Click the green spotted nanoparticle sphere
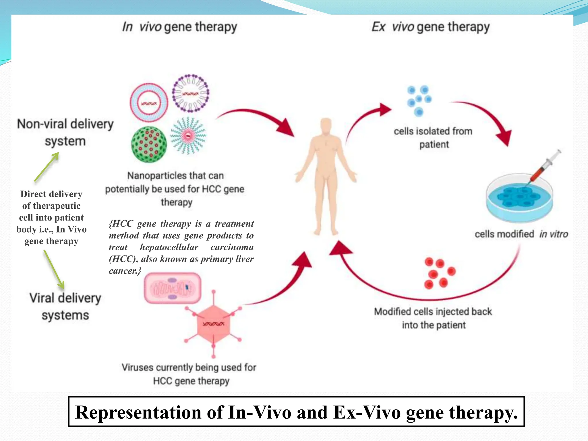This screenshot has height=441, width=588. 149,144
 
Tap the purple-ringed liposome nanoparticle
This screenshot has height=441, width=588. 190,93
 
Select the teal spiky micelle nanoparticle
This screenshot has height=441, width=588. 188,135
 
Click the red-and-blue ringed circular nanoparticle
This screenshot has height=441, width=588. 149,102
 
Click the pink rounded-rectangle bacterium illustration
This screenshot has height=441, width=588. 172,288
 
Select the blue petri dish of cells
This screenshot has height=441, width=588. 519,198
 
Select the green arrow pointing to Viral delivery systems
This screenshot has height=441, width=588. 54,269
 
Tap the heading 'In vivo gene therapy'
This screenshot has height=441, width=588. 179,27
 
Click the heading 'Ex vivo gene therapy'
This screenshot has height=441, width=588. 430,27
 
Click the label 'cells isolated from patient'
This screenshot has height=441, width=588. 433,138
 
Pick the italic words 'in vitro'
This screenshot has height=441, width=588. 553,234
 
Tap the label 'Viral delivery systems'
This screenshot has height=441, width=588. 65,306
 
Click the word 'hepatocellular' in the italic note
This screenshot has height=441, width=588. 169,247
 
